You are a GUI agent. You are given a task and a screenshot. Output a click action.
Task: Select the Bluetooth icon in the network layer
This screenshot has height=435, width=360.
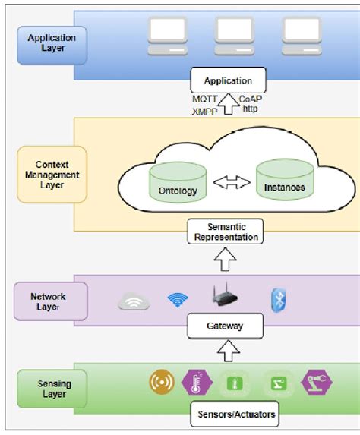[279, 300]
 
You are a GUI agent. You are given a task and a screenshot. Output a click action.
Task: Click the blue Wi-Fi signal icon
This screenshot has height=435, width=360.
[178, 301]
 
